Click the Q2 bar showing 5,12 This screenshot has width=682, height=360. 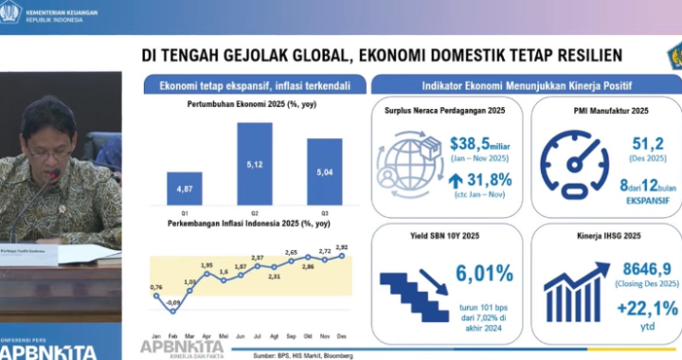pyautogui.click(x=255, y=163)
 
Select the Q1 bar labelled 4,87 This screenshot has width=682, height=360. pyautogui.click(x=184, y=189)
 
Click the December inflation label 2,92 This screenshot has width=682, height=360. pyautogui.click(x=343, y=247)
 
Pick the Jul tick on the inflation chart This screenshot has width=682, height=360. pyautogui.click(x=256, y=335)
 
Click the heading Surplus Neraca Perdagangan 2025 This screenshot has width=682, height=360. pyautogui.click(x=444, y=111)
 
